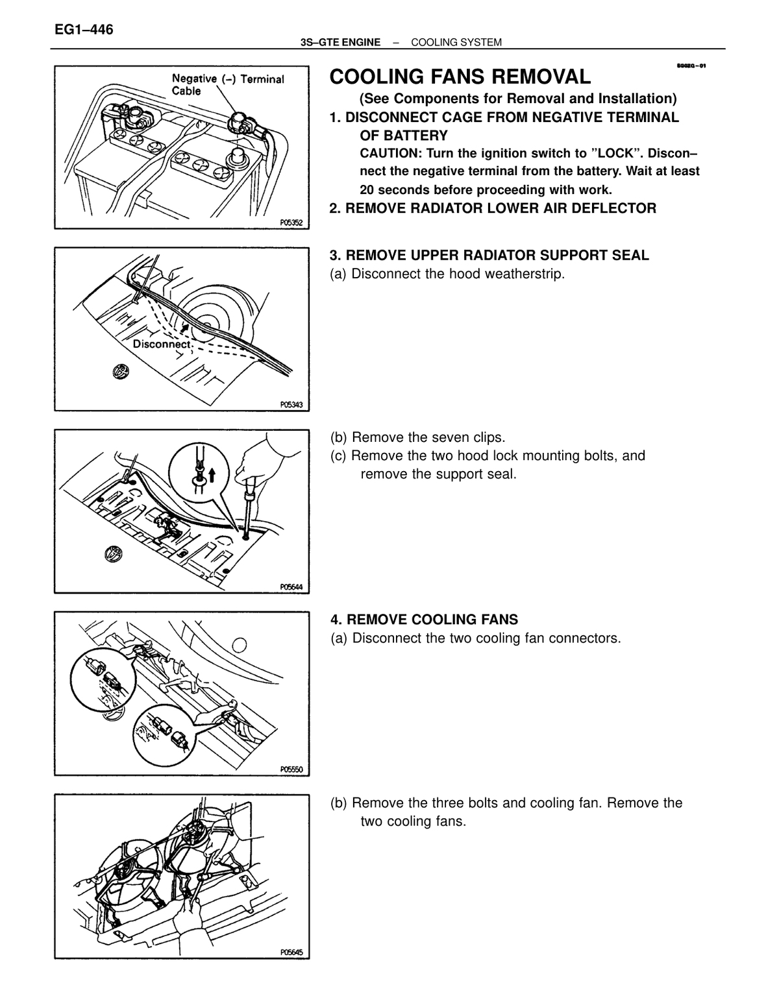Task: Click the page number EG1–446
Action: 84,30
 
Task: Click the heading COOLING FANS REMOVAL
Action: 460,77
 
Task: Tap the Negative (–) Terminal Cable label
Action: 228,85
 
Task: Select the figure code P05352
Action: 291,223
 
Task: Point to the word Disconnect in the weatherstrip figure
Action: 162,345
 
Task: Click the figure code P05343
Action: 291,405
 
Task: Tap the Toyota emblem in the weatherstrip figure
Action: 120,371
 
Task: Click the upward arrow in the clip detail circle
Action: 212,474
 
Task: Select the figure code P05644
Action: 291,587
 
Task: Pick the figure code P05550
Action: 291,770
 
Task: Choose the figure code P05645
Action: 291,952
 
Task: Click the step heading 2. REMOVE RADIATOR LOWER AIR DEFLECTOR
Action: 493,208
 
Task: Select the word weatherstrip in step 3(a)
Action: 525,274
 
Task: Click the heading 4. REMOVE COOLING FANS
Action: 424,620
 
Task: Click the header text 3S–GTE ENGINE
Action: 340,43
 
